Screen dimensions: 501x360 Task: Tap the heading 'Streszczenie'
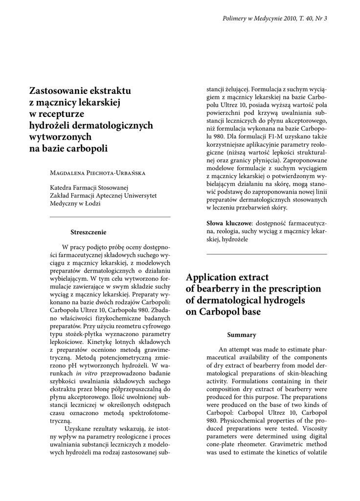pos(89,232)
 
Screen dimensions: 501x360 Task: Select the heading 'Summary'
pos(242,335)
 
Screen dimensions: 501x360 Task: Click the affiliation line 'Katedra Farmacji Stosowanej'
pos(89,187)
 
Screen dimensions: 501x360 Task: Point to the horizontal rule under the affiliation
pos(110,217)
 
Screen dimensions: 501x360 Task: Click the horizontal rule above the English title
pos(267,254)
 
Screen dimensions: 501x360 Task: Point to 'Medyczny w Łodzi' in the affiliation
pos(75,204)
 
